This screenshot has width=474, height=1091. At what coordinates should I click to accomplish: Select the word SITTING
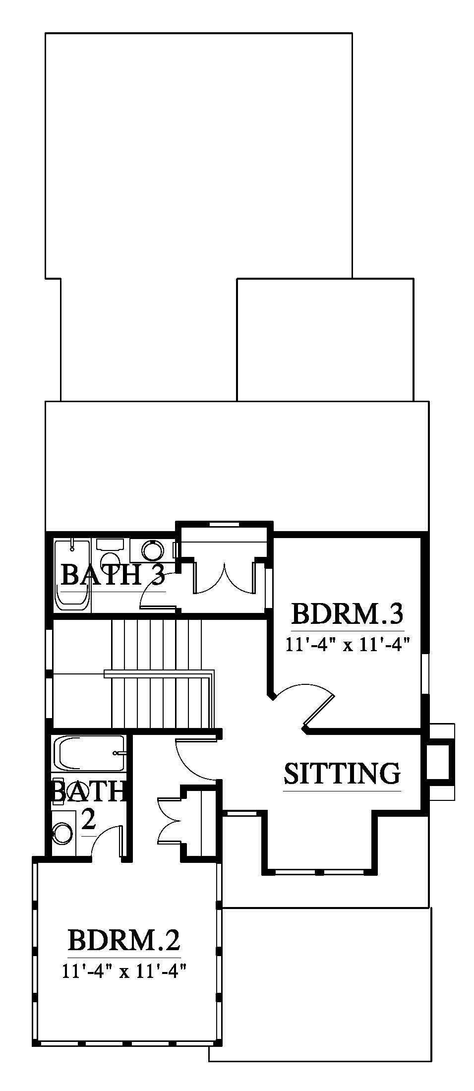(342, 773)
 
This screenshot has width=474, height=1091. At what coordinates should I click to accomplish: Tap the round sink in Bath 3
(152, 550)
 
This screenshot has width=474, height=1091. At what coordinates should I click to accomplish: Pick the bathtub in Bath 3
(73, 575)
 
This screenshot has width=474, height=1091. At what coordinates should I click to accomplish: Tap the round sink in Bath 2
(62, 832)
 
